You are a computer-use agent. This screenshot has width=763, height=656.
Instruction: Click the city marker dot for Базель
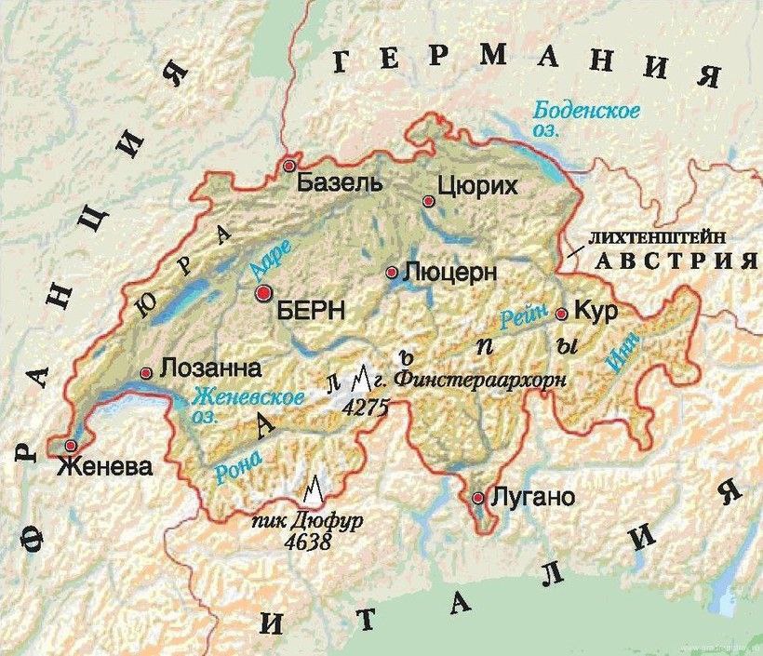(x=290, y=166)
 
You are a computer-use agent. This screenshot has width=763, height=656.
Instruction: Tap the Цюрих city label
(x=476, y=187)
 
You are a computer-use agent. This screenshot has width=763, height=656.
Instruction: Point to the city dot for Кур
(x=561, y=315)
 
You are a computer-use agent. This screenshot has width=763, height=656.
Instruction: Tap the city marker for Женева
(x=71, y=445)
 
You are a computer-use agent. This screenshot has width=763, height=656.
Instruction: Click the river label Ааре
(x=272, y=258)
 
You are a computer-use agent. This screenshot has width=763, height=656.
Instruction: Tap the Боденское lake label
(x=585, y=112)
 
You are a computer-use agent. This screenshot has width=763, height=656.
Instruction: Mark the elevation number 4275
(x=365, y=407)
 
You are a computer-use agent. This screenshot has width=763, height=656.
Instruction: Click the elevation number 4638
(x=309, y=540)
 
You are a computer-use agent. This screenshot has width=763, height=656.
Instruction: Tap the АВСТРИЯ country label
(x=676, y=261)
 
